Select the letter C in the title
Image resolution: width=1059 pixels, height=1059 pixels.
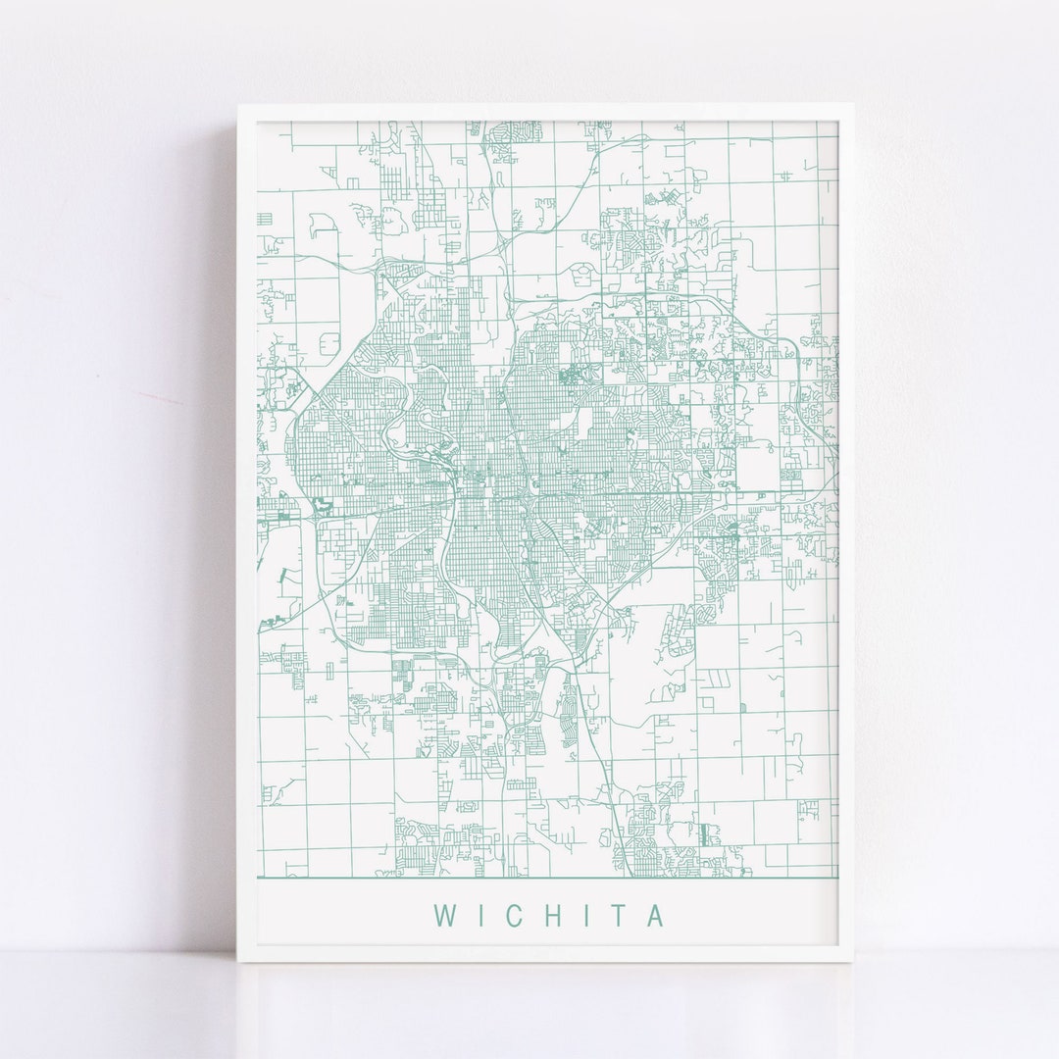coord(510,915)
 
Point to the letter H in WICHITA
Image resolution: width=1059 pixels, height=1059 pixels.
coord(547,915)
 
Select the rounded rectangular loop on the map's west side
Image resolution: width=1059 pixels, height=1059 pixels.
coord(328,343)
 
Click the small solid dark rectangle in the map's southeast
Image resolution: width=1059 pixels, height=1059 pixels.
coord(704,834)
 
